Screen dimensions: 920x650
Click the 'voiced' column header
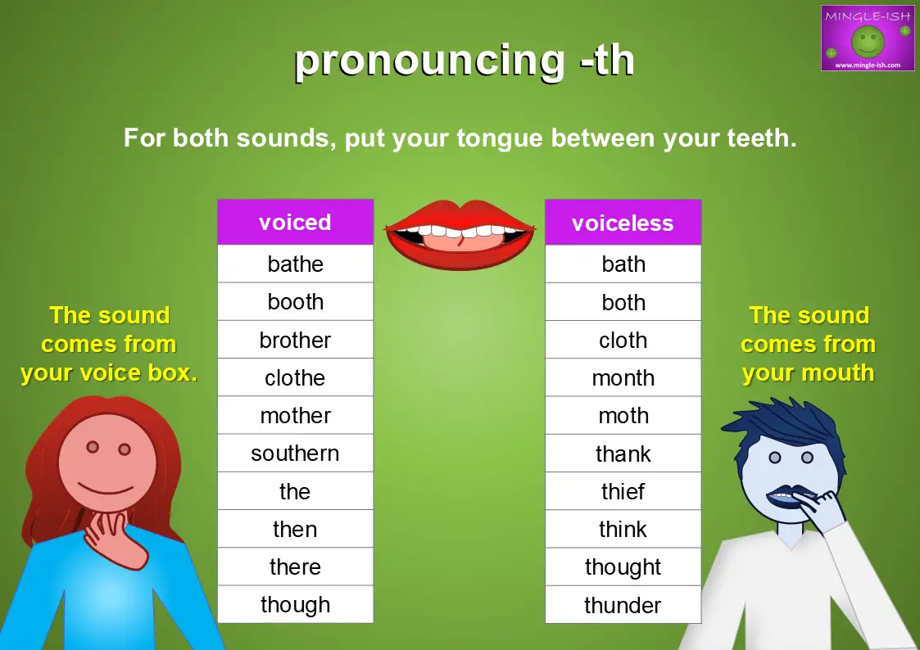coord(295,222)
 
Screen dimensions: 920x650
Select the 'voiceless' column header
coord(623,223)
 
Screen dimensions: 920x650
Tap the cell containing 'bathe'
coord(295,264)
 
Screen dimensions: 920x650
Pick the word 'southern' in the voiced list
coord(295,454)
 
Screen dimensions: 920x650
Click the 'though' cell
coord(295,604)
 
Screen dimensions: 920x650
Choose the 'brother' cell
coord(295,340)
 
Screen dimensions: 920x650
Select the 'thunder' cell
coord(623,604)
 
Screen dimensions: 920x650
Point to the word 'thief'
coord(623,491)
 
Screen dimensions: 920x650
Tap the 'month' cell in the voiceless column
coord(623,377)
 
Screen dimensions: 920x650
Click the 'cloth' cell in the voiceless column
coord(623,340)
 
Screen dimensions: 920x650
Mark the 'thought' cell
coord(623,566)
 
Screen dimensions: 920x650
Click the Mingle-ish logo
coord(868,38)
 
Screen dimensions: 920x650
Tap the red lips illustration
coord(460,234)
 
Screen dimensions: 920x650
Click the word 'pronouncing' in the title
coord(429,61)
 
